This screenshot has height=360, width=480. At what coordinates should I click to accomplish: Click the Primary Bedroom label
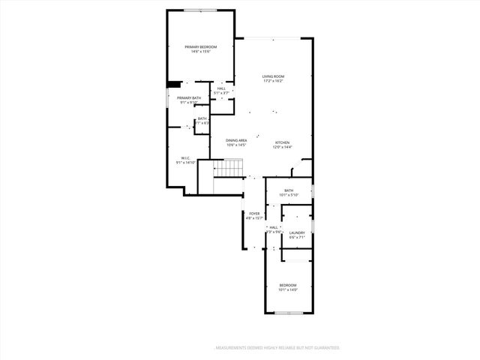tap(200, 47)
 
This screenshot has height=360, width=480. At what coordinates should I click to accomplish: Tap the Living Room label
tap(273, 76)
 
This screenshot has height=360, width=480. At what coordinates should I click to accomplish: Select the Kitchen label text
tap(282, 142)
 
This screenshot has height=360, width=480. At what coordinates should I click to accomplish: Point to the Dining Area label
tap(236, 140)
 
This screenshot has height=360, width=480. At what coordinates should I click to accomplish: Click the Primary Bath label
tap(189, 98)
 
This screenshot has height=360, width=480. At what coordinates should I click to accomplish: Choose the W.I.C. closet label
tap(185, 157)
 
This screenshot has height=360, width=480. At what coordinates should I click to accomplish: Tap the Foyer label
tap(255, 214)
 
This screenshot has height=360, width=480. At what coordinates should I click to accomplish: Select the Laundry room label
tap(297, 233)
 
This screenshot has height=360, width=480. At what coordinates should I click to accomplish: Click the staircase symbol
tap(231, 169)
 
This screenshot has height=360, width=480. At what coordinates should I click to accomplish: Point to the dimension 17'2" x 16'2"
tap(273, 81)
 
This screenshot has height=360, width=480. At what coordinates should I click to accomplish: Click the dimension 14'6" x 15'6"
tap(200, 52)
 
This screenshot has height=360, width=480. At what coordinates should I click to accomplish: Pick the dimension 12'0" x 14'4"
tap(282, 147)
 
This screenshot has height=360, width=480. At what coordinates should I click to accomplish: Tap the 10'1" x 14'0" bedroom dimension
tap(288, 289)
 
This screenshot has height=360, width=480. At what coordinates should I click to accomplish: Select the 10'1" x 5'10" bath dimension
tap(289, 195)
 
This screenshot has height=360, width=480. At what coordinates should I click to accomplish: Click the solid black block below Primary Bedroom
tap(173, 85)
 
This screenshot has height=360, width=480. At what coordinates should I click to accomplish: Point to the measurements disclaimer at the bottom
tap(277, 348)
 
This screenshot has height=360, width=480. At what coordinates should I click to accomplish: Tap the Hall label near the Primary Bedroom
tap(221, 88)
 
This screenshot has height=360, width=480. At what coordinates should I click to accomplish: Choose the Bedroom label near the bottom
tap(288, 285)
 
